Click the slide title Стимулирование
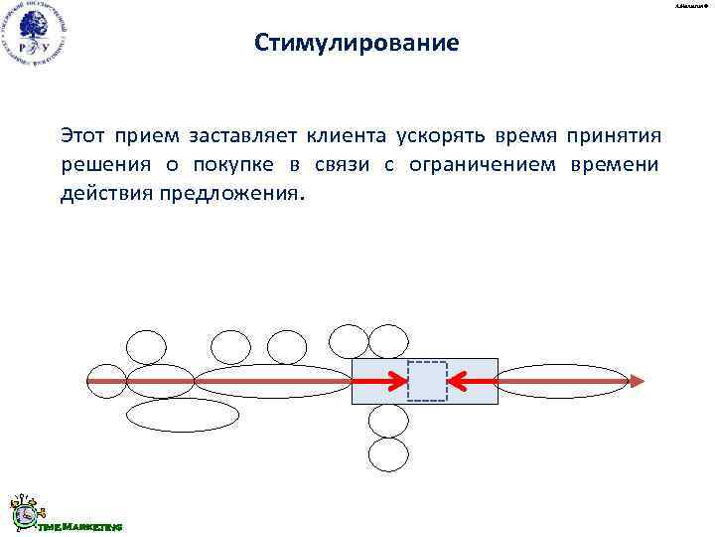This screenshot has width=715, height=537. (x=357, y=44)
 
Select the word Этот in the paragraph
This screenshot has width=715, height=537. (x=82, y=134)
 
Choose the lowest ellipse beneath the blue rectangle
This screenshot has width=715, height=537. (x=388, y=454)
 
